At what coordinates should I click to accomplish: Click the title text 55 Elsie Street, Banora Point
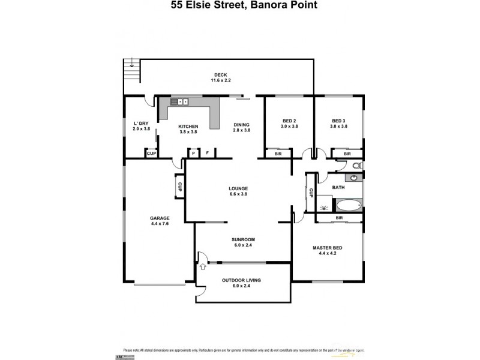click(241, 5)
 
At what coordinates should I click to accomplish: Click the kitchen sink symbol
click(179, 102)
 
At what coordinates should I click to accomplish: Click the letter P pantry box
click(193, 154)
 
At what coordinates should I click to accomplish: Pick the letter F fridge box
click(207, 154)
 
